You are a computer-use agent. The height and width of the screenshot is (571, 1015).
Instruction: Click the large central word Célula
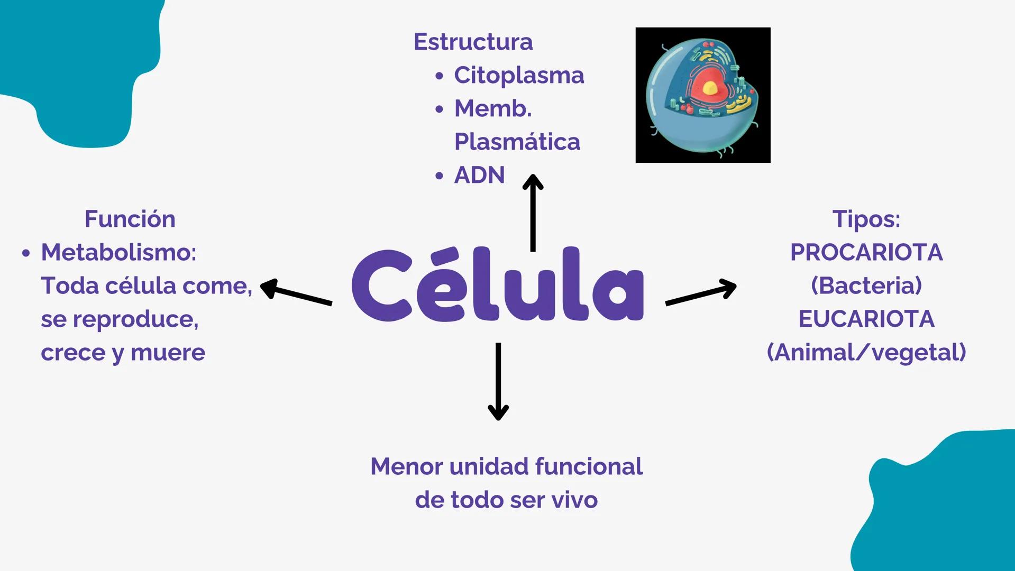tap(497, 285)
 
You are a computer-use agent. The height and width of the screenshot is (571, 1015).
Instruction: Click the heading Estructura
tap(473, 42)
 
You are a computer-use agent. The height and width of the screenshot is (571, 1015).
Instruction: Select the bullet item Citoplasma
tap(518, 76)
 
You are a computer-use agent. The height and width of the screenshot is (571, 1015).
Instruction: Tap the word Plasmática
tap(517, 142)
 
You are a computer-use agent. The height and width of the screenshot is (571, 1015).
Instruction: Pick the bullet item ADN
tap(479, 176)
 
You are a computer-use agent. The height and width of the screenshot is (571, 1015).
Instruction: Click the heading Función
tap(130, 219)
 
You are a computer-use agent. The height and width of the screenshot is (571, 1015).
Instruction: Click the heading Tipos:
tap(866, 219)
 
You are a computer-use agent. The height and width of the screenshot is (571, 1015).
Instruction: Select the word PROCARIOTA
tap(866, 253)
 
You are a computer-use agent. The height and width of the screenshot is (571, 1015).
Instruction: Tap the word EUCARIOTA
tap(866, 319)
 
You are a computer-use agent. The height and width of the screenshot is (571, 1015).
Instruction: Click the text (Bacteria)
tap(866, 286)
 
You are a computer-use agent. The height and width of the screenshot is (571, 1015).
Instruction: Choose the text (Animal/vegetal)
tap(866, 353)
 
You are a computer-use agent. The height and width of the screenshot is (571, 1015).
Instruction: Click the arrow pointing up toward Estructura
tap(533, 211)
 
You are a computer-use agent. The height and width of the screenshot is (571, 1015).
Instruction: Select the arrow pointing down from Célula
tap(498, 381)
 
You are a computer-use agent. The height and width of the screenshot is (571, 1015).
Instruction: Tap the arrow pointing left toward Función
tap(296, 293)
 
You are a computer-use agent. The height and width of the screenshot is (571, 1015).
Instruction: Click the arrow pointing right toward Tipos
tap(701, 293)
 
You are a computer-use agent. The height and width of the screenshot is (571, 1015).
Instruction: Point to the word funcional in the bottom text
tap(588, 467)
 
